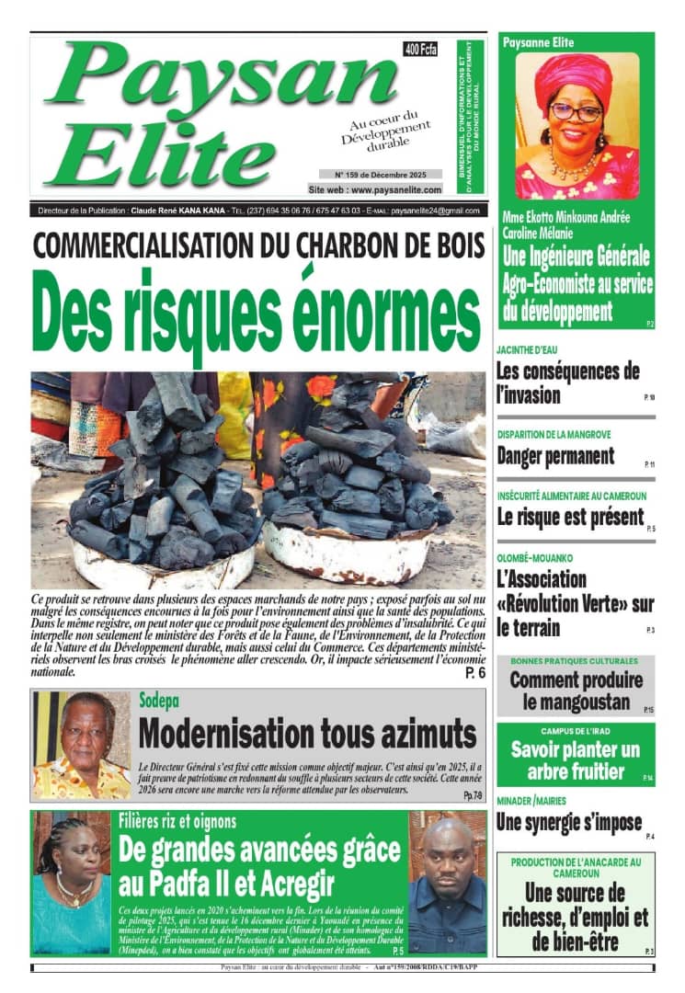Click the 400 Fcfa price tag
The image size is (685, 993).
[420, 50]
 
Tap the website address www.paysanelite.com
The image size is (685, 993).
[375, 189]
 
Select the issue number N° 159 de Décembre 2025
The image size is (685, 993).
[380, 174]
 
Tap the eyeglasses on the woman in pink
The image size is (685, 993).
[577, 112]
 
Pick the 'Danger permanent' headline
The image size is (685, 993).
[555, 455]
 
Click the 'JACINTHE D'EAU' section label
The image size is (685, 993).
[527, 350]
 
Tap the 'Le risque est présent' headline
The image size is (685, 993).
[570, 517]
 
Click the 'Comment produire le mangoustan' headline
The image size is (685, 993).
[577, 691]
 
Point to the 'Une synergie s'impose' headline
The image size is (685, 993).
[569, 822]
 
